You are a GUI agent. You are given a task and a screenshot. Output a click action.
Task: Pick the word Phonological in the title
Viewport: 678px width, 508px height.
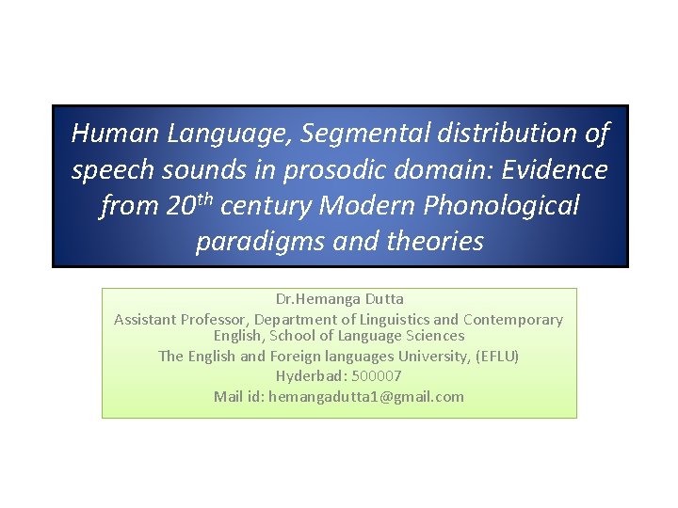pyautogui.click(x=504, y=205)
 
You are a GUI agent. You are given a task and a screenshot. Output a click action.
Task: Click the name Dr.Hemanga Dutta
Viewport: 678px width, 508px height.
pyautogui.click(x=339, y=299)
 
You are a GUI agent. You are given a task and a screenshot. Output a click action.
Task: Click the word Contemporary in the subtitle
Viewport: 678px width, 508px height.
pyautogui.click(x=511, y=320)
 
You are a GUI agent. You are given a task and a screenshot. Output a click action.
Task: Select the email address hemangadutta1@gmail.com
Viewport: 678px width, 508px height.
pyautogui.click(x=365, y=396)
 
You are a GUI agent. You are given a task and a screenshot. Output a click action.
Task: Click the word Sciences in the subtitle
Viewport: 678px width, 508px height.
pyautogui.click(x=434, y=336)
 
